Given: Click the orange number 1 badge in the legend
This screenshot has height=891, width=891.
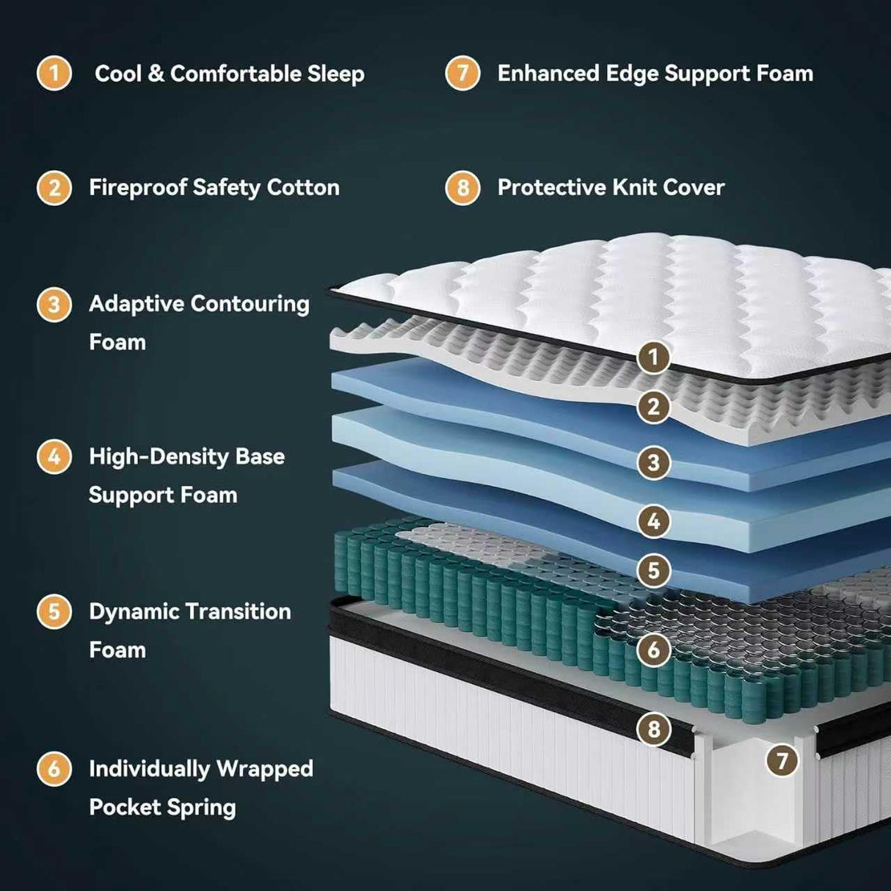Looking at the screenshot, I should pyautogui.click(x=54, y=73).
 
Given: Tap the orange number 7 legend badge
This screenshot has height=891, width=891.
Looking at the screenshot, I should pyautogui.click(x=462, y=73).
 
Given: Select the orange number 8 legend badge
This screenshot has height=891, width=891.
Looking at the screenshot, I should pyautogui.click(x=462, y=188).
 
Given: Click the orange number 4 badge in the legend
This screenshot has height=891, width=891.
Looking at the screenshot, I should pyautogui.click(x=54, y=457).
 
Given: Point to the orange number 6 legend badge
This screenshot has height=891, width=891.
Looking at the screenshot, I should pyautogui.click(x=54, y=769).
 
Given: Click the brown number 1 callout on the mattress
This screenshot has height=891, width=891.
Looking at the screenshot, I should pyautogui.click(x=653, y=358).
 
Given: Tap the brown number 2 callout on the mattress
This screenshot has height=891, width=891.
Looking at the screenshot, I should pyautogui.click(x=653, y=407).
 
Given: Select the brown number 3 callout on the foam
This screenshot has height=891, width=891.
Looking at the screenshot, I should pyautogui.click(x=653, y=463).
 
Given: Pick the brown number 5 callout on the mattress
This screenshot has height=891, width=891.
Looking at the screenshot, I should pyautogui.click(x=653, y=570).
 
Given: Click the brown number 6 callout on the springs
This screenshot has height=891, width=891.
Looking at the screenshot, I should pyautogui.click(x=653, y=650).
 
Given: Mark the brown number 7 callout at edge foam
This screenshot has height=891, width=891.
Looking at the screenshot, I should pyautogui.click(x=782, y=760).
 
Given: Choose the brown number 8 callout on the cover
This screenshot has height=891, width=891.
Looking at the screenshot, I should pyautogui.click(x=653, y=730).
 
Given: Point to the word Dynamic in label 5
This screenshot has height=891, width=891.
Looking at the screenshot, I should pyautogui.click(x=134, y=611).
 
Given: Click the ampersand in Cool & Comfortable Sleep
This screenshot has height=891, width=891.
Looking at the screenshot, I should pyautogui.click(x=156, y=74).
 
